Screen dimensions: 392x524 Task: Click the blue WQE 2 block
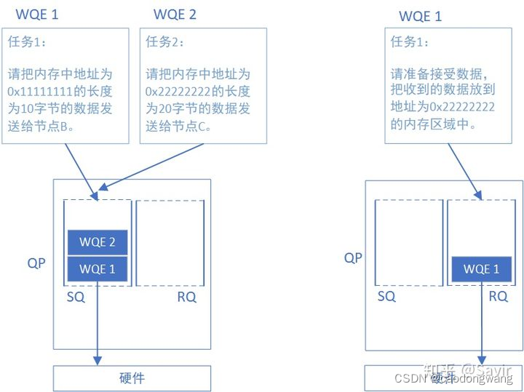pyautogui.click(x=98, y=242)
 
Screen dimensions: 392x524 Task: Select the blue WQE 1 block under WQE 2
pyautogui.click(x=98, y=269)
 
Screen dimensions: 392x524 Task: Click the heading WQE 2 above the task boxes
pyautogui.click(x=175, y=14)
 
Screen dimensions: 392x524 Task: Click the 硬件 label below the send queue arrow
pyautogui.click(x=132, y=378)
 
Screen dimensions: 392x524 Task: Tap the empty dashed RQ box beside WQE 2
pyautogui.click(x=170, y=243)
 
